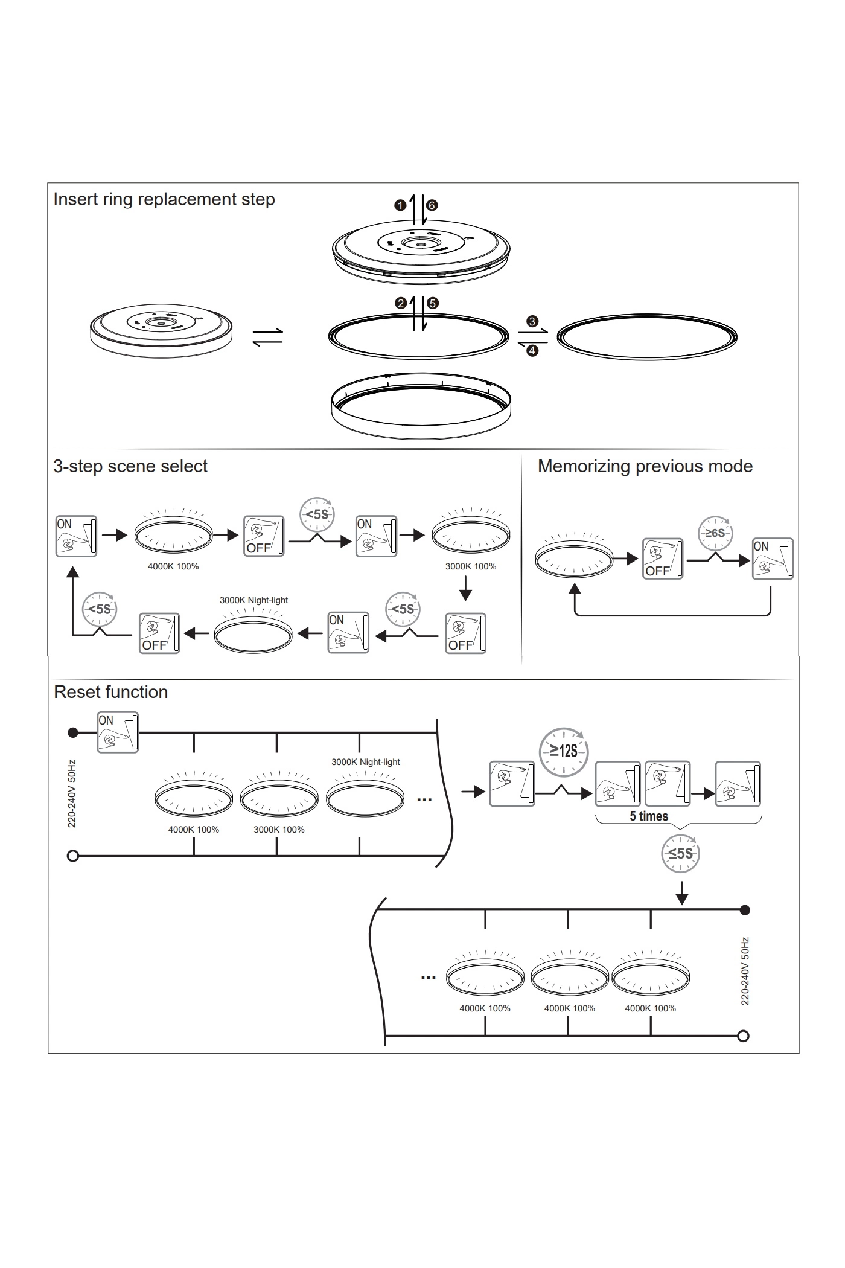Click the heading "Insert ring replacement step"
tap(164, 199)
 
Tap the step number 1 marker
tap(400, 205)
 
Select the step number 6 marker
tap(432, 205)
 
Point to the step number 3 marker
tap(532, 321)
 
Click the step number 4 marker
tap(532, 351)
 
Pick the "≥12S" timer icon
tap(563, 751)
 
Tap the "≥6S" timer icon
tap(715, 533)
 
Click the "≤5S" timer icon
tap(681, 853)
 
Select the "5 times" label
tap(649, 816)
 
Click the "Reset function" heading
tap(110, 692)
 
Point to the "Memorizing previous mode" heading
tap(645, 466)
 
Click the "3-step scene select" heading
tap(130, 466)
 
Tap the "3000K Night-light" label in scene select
tap(253, 600)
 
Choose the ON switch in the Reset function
tap(118, 732)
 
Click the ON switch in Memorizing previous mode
tap(773, 559)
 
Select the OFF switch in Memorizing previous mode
tap(663, 559)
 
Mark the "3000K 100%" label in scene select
tap(471, 566)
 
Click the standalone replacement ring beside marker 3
tap(646, 337)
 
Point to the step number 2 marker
tap(400, 303)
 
